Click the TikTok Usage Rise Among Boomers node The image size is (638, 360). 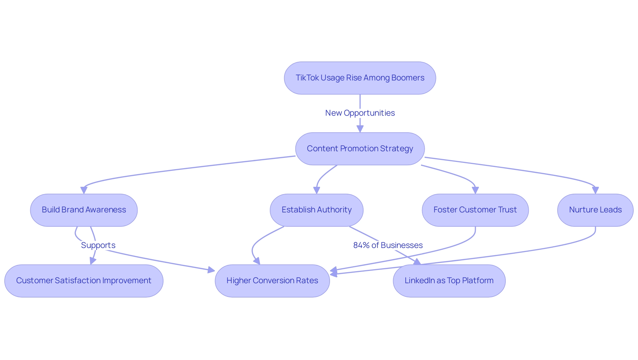click(360, 78)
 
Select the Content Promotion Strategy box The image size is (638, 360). click(360, 149)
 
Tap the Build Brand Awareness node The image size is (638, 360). click(84, 210)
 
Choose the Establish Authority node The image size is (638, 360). click(316, 210)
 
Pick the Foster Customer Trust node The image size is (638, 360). click(475, 210)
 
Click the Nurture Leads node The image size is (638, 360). click(595, 210)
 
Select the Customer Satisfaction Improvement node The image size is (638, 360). click(84, 281)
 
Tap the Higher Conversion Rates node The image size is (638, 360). click(272, 281)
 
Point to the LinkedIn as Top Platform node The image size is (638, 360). click(449, 281)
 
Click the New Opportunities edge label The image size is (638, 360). click(360, 113)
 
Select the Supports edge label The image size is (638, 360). click(98, 245)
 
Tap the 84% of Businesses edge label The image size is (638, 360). click(388, 245)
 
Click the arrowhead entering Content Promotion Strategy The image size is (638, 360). click(360, 129)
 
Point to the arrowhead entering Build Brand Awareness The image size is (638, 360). click(84, 190)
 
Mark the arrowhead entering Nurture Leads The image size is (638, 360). click(595, 190)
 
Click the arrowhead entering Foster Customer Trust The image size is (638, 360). click(475, 190)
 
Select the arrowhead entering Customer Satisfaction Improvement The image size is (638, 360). click(93, 261)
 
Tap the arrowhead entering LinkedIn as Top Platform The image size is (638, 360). click(417, 262)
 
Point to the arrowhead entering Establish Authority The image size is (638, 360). click(316, 190)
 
